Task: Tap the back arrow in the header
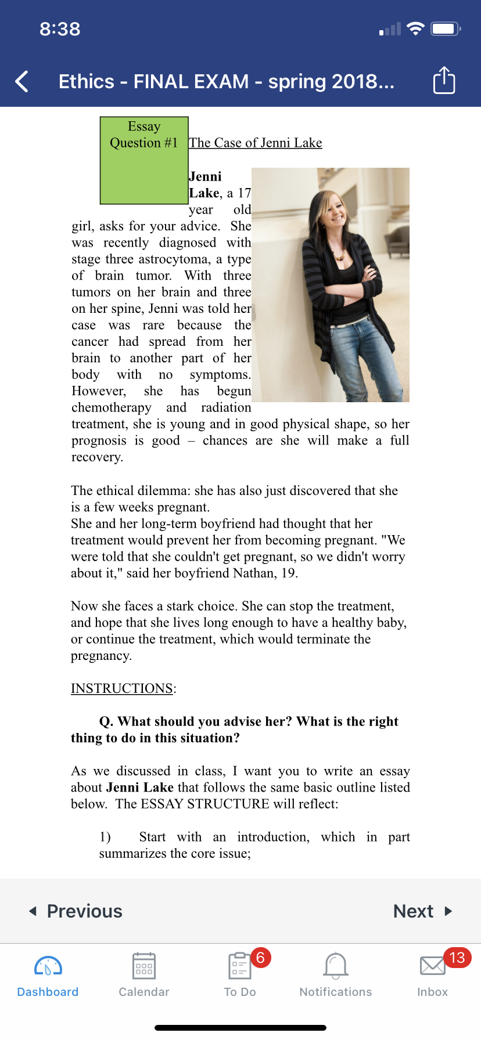(x=22, y=82)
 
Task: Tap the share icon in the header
(x=444, y=81)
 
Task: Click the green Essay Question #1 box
(x=144, y=161)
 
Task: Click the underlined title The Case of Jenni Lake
(x=255, y=143)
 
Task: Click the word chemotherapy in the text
(x=111, y=407)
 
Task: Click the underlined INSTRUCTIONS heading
(x=122, y=688)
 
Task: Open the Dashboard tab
(x=48, y=975)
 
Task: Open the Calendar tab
(x=144, y=975)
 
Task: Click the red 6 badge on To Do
(x=260, y=958)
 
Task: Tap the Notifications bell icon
(x=336, y=966)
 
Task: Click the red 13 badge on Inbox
(x=457, y=958)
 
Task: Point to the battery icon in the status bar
(x=445, y=28)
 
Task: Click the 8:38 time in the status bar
(x=60, y=29)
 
